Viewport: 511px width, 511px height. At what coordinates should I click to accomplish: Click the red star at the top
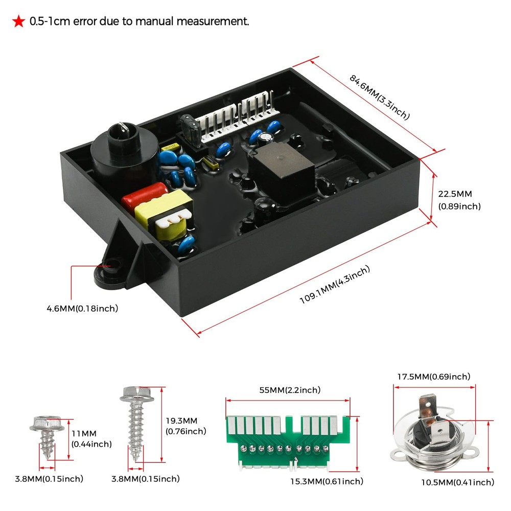pos(18,22)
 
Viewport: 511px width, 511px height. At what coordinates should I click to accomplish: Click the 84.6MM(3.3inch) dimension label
pos(379,97)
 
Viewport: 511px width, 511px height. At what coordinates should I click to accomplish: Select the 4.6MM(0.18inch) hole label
pos(82,308)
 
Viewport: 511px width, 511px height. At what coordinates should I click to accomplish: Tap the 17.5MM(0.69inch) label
pos(433,377)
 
